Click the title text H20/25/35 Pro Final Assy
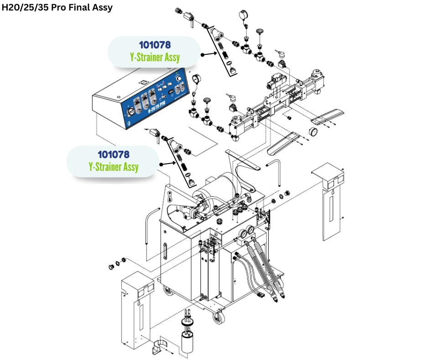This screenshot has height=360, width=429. pyautogui.click(x=57, y=7)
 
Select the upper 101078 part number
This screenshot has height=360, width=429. pyautogui.click(x=155, y=45)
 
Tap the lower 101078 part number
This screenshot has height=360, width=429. pyautogui.click(x=114, y=155)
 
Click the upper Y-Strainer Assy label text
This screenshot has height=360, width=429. pyautogui.click(x=155, y=58)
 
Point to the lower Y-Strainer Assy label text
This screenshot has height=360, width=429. pyautogui.click(x=114, y=167)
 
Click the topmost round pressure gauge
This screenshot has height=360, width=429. pyautogui.click(x=242, y=16)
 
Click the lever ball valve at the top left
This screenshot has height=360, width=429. pyautogui.click(x=188, y=18)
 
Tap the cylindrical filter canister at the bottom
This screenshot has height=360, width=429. pyautogui.click(x=188, y=340)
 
